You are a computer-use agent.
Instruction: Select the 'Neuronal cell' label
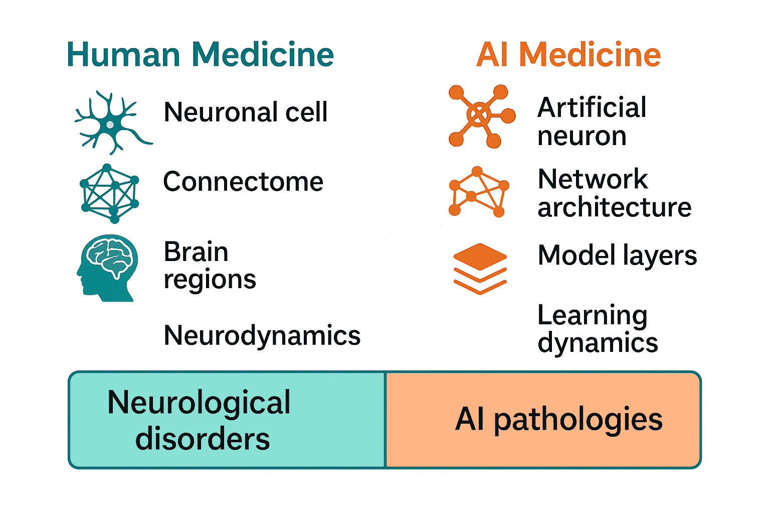(x=246, y=112)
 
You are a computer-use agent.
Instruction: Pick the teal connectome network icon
(x=110, y=193)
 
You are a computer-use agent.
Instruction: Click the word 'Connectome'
(x=243, y=182)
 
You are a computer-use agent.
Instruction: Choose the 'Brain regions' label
(x=210, y=266)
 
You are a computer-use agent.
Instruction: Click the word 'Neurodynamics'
(x=262, y=335)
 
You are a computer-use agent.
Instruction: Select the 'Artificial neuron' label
(x=592, y=121)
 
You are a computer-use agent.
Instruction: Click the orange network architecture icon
(x=478, y=192)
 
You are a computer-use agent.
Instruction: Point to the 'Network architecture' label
(x=614, y=193)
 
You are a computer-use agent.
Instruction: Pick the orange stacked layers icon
(x=480, y=269)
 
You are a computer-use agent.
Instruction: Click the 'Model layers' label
(x=617, y=255)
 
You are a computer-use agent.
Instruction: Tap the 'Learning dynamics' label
(x=597, y=329)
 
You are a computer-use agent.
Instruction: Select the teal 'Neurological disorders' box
(x=227, y=420)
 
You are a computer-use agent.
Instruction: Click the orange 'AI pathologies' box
(x=543, y=420)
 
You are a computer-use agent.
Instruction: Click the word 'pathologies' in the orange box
(x=578, y=420)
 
